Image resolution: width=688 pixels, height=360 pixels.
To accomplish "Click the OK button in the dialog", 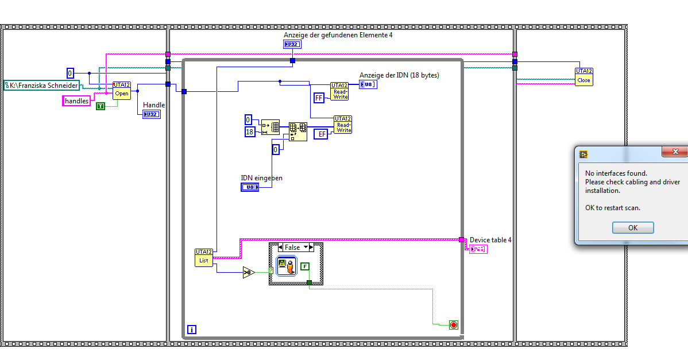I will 633,228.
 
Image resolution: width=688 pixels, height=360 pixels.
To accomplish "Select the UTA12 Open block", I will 122,91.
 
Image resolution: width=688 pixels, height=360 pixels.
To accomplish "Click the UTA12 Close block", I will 583,77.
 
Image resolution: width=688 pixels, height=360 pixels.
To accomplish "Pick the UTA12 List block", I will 204,257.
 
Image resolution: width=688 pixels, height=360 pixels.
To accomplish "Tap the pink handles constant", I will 76,101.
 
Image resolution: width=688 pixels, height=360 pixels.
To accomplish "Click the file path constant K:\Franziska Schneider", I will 42,86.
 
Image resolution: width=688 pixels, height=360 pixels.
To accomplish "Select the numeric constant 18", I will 250,132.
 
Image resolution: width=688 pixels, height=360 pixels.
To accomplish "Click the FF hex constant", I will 319,98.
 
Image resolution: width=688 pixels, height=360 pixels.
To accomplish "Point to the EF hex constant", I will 322,134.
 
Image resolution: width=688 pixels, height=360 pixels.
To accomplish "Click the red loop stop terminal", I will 453,325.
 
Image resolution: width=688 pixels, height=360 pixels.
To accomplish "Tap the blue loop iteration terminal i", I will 192,330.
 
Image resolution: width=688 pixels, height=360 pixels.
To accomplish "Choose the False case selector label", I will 292,247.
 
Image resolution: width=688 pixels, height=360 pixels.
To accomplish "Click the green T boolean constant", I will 101,106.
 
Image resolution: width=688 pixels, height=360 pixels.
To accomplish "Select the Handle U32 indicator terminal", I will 152,114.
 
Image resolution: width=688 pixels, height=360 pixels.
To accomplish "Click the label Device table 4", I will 490,240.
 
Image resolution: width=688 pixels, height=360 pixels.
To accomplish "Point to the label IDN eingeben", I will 261,178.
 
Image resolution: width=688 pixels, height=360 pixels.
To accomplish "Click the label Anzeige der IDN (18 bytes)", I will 399,75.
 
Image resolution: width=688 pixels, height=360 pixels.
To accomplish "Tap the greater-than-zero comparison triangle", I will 248,273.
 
